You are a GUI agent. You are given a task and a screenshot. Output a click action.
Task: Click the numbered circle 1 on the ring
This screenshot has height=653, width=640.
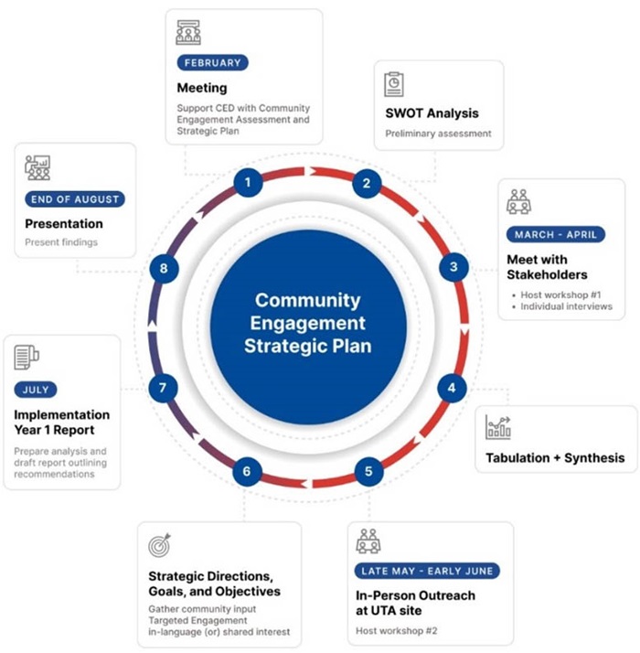coord(247,182)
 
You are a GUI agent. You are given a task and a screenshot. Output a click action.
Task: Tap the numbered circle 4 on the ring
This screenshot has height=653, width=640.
coord(451,388)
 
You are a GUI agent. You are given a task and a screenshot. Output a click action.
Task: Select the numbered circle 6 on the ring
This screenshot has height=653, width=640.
coord(247,473)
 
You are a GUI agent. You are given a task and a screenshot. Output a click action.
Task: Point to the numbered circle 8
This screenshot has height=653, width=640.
coord(163,269)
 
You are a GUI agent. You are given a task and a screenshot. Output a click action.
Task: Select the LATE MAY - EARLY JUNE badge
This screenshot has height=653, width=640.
coord(427,571)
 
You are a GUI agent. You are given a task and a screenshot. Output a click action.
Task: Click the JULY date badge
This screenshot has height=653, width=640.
coord(37,390)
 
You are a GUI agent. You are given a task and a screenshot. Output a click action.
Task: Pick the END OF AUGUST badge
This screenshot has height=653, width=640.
coord(74,198)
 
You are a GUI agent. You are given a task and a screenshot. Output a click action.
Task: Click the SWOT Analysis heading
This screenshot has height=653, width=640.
coord(432,113)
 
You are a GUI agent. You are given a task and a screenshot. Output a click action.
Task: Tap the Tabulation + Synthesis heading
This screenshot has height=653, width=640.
coord(556,457)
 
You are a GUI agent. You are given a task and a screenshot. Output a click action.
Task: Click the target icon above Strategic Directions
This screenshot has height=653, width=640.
coord(159,545)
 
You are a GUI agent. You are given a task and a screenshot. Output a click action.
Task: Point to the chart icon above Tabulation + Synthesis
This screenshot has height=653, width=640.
coord(498,426)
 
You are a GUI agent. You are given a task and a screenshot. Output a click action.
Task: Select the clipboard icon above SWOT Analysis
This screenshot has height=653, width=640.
coord(394,83)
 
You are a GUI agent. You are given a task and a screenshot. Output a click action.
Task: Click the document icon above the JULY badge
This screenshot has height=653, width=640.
coord(27,356)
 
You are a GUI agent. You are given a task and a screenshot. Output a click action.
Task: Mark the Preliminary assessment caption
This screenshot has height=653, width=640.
coord(437,134)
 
